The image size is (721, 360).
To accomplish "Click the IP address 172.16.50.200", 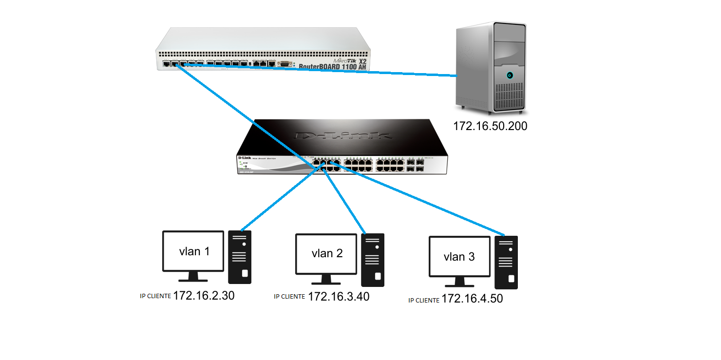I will (x=490, y=126).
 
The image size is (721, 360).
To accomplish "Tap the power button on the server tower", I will (x=510, y=76).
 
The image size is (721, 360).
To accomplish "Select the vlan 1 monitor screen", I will (x=194, y=251).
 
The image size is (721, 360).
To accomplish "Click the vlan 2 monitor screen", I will (x=326, y=253).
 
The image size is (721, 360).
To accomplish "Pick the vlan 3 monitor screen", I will (x=459, y=256).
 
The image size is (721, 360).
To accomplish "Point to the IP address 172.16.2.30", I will (x=204, y=296).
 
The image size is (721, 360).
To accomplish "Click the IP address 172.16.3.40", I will (x=339, y=296).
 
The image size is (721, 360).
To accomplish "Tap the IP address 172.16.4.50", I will (x=472, y=299).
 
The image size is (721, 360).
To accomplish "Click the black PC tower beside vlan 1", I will (x=240, y=257).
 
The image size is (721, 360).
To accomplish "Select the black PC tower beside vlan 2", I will (x=373, y=260).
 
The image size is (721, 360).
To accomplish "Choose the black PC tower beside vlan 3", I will (x=506, y=262).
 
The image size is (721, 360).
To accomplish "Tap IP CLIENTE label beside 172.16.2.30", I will (x=155, y=297).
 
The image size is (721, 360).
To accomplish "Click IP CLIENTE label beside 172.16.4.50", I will (x=424, y=301).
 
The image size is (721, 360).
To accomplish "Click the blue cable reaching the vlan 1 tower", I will (x=278, y=200).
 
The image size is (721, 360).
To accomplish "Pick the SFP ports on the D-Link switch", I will (x=416, y=164).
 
